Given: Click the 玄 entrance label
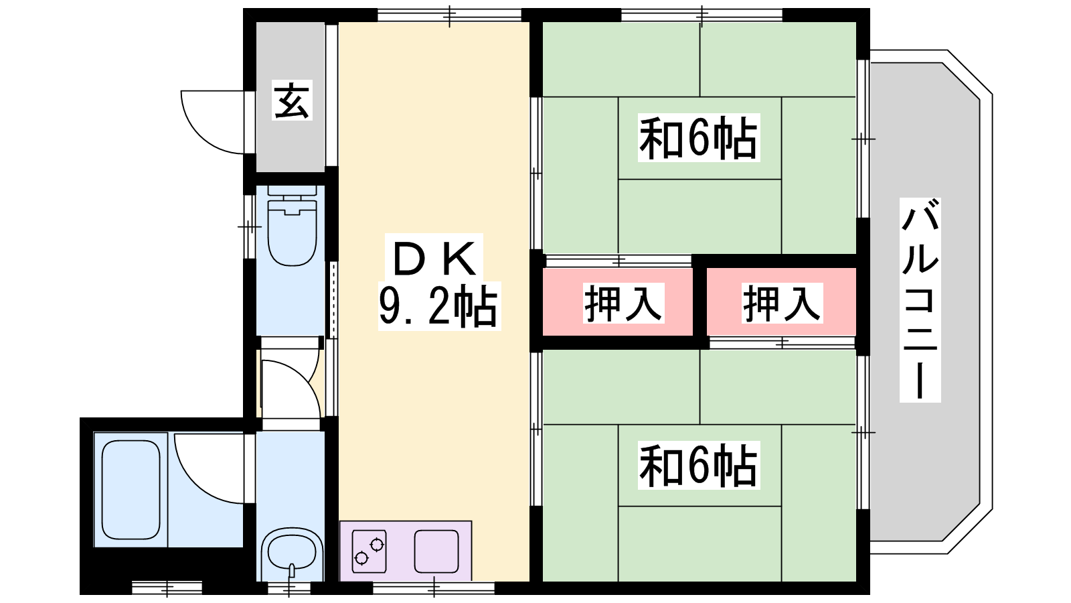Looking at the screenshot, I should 292,100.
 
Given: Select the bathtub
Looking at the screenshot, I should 131,489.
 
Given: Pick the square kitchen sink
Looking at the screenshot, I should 436,551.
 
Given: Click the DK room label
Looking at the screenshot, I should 436,258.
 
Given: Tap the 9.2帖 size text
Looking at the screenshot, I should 438,306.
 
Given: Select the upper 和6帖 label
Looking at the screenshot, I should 698,138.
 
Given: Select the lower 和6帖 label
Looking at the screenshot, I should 698,466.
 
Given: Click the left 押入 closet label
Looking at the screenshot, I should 623,303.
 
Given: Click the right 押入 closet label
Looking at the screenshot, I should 782,303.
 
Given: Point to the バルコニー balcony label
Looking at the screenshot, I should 920,299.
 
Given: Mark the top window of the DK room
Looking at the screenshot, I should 449,15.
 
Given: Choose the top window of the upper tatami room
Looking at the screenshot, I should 701,15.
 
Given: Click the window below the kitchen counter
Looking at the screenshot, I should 433,588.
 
